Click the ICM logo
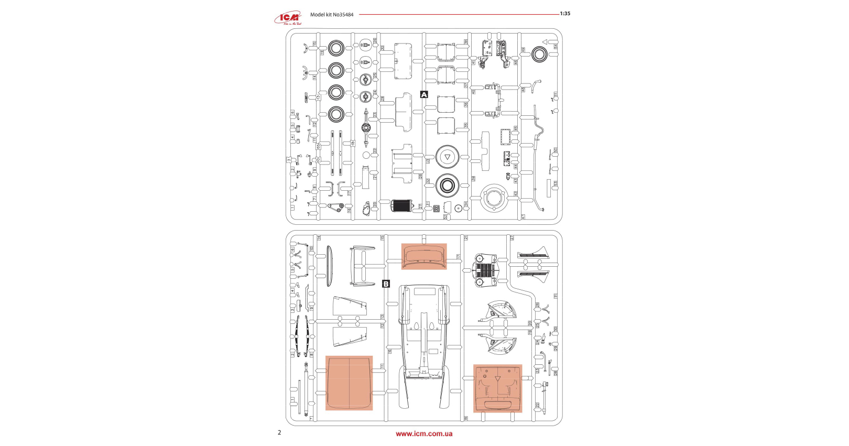[x=288, y=17]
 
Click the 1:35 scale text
[x=565, y=14]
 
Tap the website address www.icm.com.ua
[x=424, y=434]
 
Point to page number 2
[x=279, y=432]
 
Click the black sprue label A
[x=424, y=95]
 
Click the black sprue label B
[x=386, y=284]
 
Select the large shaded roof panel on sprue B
[x=349, y=383]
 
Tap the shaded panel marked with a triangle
[x=497, y=388]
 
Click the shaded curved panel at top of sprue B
[x=424, y=256]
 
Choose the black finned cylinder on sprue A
[x=402, y=205]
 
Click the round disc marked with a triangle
[x=448, y=157]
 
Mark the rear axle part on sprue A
[x=366, y=127]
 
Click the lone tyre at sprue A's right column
[x=539, y=54]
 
